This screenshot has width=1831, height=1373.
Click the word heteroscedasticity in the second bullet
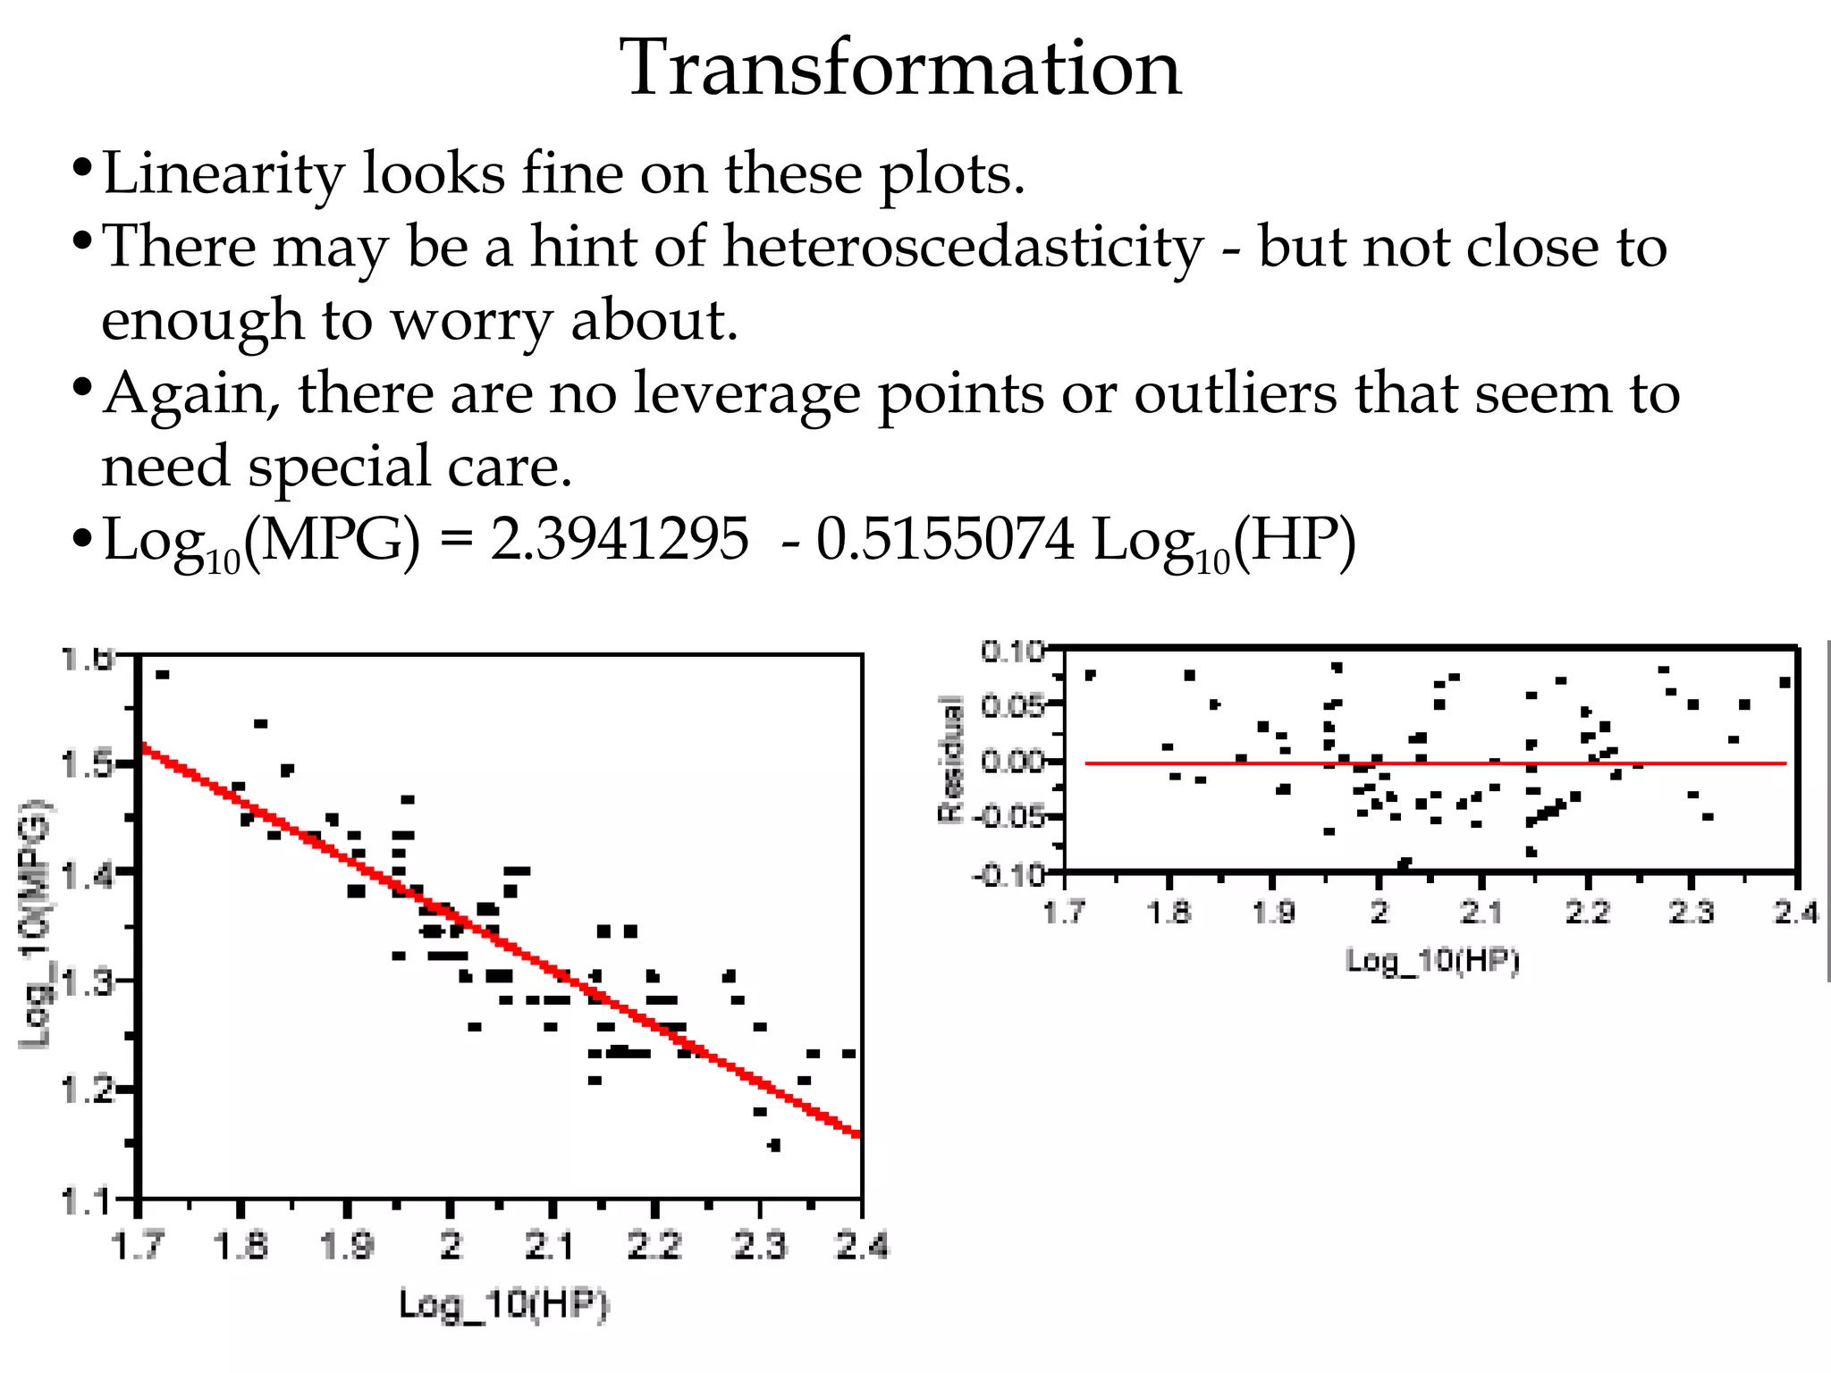pos(964,246)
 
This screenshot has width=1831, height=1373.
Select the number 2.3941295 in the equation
pos(620,540)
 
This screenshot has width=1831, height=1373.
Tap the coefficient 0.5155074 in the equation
pos(945,540)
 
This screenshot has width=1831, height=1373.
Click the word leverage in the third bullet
pos(747,395)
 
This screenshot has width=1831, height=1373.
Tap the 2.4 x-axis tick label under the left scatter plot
pos(862,1245)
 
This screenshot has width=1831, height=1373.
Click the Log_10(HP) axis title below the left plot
pos(503,1305)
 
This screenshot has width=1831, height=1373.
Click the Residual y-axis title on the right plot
pos(951,760)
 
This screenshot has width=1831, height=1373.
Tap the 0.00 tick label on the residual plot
pos(1011,762)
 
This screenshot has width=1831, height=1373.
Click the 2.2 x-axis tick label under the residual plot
pos(1587,913)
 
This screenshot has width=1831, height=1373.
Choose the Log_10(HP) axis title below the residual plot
pos(1432,962)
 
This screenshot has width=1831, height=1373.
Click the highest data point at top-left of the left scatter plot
pos(162,675)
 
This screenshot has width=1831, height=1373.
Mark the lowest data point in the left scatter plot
pos(774,1145)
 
